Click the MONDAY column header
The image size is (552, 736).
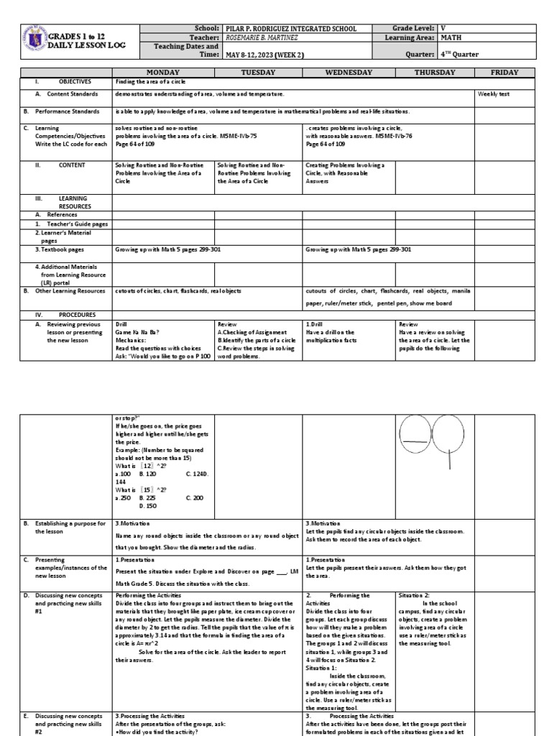click(163, 73)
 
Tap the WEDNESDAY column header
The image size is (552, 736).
click(349, 73)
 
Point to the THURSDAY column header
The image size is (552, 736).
click(435, 73)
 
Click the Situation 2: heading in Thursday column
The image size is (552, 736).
click(416, 595)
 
